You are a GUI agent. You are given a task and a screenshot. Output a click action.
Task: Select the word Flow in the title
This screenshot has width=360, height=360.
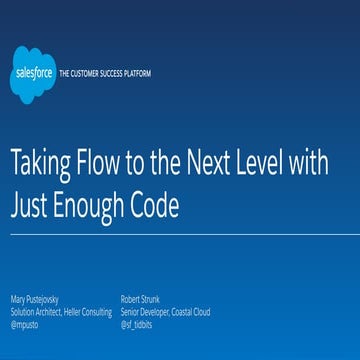[x=113, y=165]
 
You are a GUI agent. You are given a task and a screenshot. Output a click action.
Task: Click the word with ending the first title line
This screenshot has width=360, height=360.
[x=333, y=165]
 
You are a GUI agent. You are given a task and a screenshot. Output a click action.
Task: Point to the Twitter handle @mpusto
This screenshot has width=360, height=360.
[x=25, y=323]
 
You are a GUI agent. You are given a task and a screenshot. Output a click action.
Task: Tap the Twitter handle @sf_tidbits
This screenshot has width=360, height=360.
[x=136, y=323]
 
